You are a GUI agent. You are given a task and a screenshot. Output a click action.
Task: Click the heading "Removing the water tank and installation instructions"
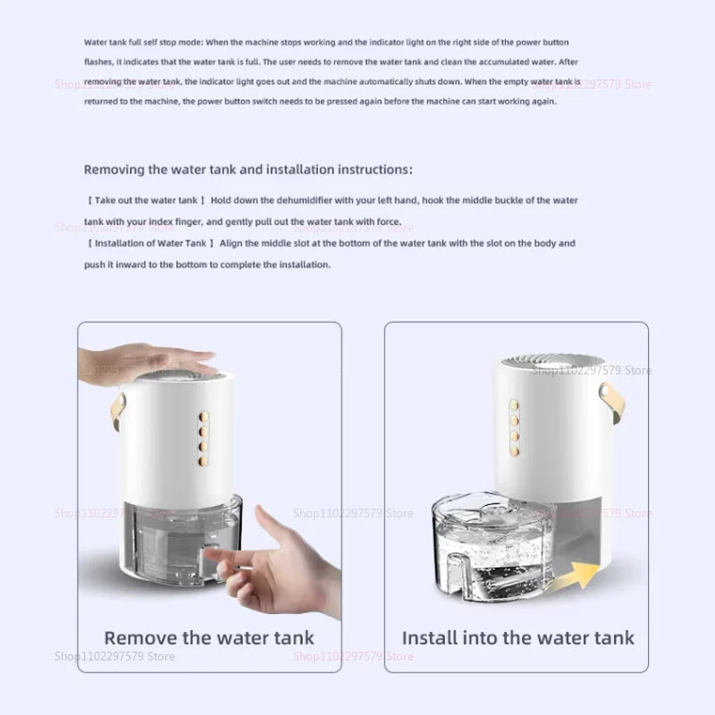248,169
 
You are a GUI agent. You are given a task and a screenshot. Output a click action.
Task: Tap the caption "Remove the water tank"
209,638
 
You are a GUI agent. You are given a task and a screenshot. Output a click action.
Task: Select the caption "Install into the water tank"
517,638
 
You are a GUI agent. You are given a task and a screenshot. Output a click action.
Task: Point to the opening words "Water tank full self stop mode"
143,43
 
